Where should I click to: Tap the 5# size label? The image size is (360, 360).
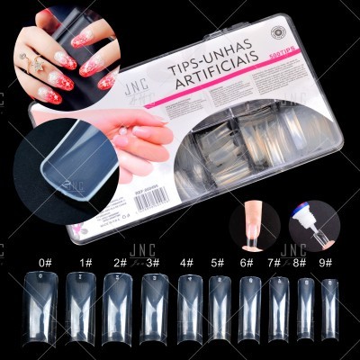218,263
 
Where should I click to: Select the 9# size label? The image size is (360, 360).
326,263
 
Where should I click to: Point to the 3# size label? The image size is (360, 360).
152,263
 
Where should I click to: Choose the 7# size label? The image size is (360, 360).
274,263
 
